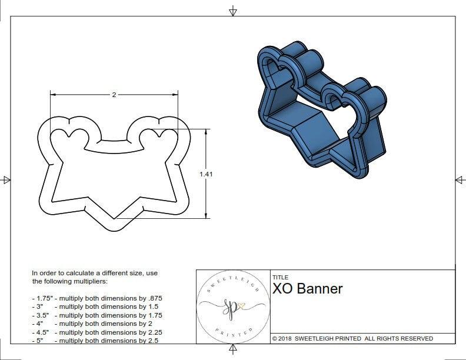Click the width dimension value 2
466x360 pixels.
[x=114, y=95]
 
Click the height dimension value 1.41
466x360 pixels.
[x=206, y=174]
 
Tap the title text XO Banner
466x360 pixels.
[x=307, y=289]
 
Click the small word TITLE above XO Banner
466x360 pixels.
[x=279, y=277]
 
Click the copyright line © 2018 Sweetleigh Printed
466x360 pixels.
[x=352, y=338]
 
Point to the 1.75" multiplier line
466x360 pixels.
[x=96, y=298]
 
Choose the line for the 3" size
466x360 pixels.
[x=95, y=306]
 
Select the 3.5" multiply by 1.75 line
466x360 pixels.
[x=96, y=315]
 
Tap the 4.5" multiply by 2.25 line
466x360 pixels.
[x=96, y=332]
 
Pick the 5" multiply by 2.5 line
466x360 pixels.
[x=95, y=341]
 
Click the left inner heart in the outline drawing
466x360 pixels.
[x=69, y=136]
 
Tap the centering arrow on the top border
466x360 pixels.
[x=233, y=11]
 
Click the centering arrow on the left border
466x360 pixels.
[x=6, y=180]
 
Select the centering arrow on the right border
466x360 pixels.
[x=459, y=180]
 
